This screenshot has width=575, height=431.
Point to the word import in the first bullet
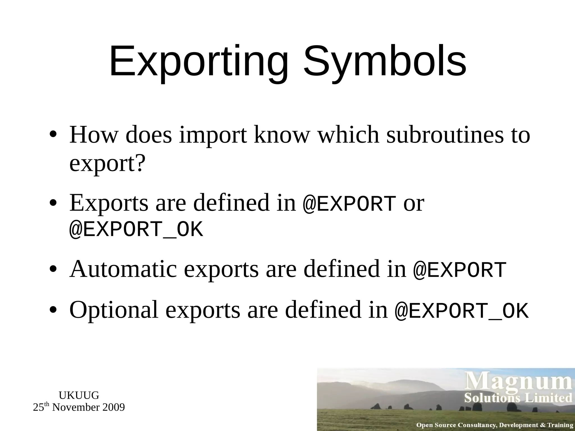coord(213,136)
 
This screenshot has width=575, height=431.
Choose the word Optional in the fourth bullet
coord(114,310)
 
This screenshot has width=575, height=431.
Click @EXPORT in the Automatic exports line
coord(460,270)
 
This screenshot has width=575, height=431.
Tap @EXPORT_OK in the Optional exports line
coord(462,311)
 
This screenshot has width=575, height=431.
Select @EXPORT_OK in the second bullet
coord(136,230)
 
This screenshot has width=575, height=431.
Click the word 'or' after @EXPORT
coord(414,203)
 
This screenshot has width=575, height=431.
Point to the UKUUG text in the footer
coord(79,395)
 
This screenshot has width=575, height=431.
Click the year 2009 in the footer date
coord(113,407)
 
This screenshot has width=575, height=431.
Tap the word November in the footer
coord(76,407)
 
